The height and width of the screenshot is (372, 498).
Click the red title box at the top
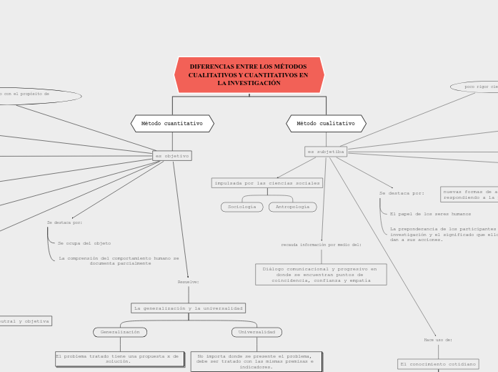[x=249, y=75]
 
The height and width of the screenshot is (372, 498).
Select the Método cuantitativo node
[x=172, y=124]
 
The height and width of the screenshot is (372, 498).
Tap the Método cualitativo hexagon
[x=326, y=124]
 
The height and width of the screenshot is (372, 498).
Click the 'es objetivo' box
[x=172, y=156]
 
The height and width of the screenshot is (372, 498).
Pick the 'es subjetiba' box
[x=326, y=152]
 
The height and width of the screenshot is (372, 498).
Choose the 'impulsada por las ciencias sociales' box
[x=267, y=183]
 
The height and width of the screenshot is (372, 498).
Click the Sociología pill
[x=241, y=207]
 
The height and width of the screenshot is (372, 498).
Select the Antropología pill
[x=292, y=207]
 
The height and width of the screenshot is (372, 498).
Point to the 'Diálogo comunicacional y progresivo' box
[x=321, y=275]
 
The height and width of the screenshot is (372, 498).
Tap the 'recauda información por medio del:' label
[x=321, y=245]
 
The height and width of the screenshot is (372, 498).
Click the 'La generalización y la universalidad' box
[x=189, y=308]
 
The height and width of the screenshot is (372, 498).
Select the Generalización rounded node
[x=120, y=332]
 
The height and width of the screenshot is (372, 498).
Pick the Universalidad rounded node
[x=257, y=332]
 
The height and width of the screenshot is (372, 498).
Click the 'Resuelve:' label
[x=188, y=282]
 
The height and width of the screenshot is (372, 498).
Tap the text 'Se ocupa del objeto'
[x=84, y=243]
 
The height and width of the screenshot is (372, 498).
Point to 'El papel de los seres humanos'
[x=430, y=214]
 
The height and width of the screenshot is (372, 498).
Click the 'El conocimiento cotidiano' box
[x=438, y=364]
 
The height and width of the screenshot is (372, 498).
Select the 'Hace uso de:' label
[x=438, y=340]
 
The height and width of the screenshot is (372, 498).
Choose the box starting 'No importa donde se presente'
[x=256, y=361]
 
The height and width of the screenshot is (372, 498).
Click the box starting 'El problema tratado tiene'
[x=119, y=359]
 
